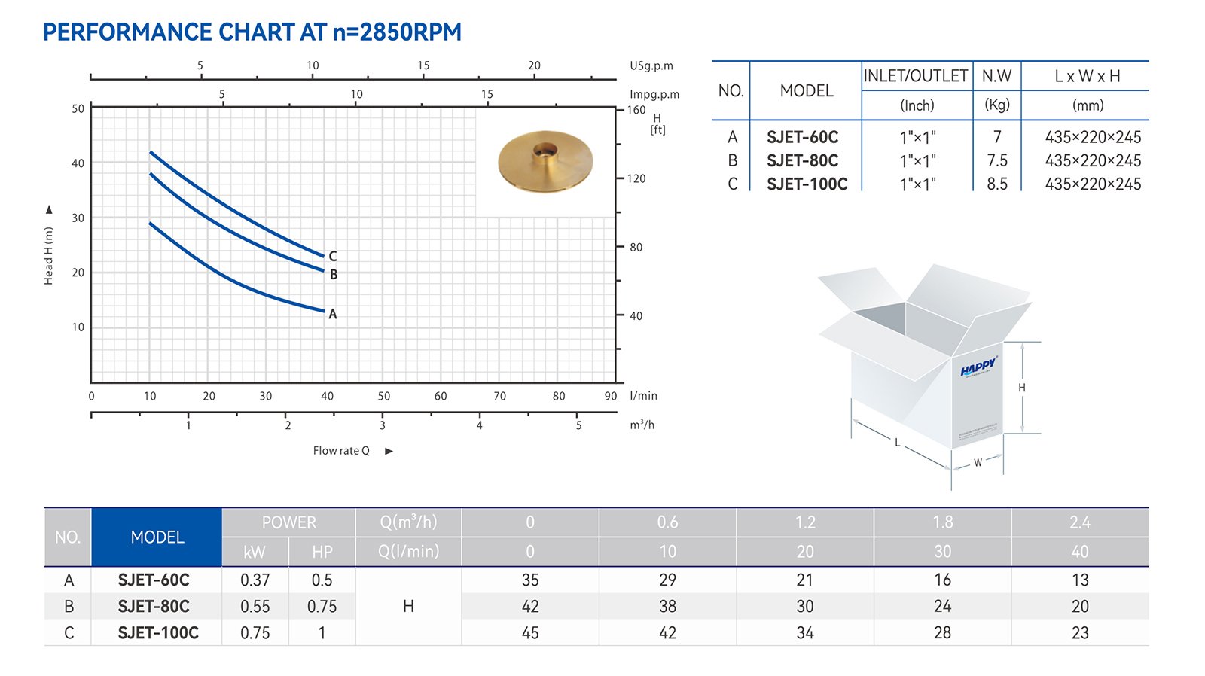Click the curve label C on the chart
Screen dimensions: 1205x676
point(332,257)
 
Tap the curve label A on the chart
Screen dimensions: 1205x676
point(332,314)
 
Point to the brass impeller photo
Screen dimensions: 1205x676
point(545,161)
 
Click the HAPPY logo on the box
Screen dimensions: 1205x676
point(978,367)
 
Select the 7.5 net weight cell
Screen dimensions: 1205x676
point(997,160)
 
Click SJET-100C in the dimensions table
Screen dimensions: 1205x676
point(807,184)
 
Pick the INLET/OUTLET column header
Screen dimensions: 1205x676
point(916,76)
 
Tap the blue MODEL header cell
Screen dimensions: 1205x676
point(157,537)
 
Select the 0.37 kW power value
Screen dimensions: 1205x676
point(255,580)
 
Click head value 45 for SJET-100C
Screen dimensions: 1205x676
point(530,632)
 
